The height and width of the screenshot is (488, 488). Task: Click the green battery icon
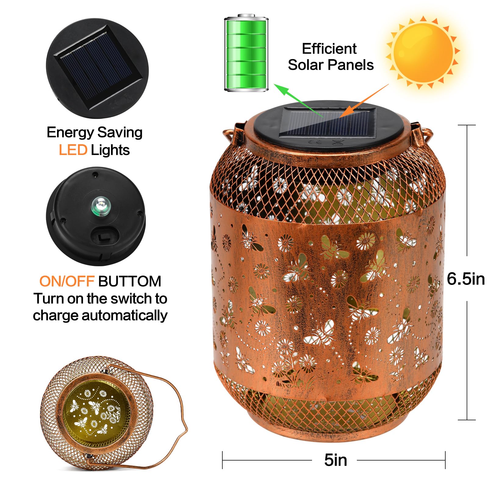(x=246, y=53)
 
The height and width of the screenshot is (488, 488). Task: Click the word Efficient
(x=329, y=49)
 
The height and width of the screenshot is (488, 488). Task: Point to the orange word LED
(x=73, y=150)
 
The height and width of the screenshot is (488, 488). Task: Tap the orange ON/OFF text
(x=66, y=281)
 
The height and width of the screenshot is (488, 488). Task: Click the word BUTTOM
(x=130, y=281)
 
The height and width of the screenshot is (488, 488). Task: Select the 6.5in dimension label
(x=465, y=278)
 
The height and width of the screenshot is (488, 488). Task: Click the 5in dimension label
(x=335, y=460)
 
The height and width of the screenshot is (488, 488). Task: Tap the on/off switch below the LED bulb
(x=104, y=236)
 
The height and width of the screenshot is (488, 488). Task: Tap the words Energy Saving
(x=95, y=132)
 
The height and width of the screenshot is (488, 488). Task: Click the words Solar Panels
(x=331, y=65)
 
